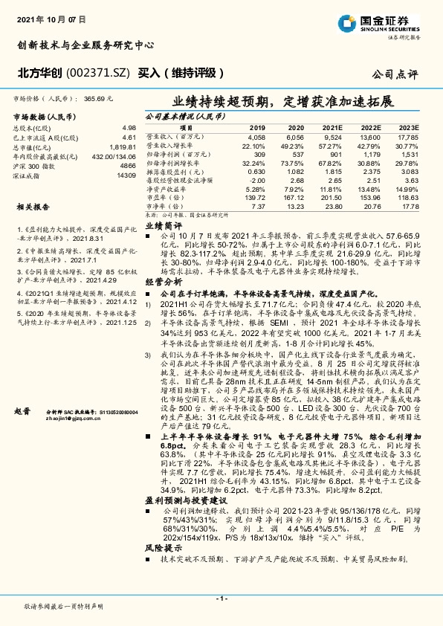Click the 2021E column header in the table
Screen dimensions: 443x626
pyautogui.click(x=332, y=128)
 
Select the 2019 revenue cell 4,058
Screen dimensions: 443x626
pyautogui.click(x=256, y=138)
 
